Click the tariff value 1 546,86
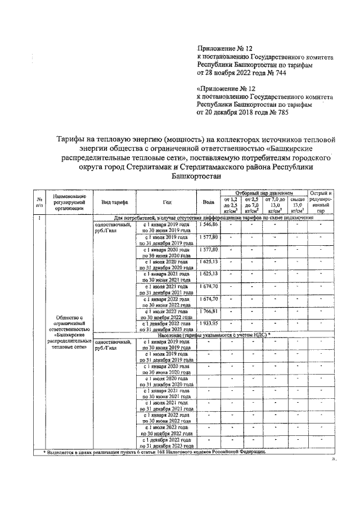pyautogui.click(x=208, y=224)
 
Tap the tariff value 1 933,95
pyautogui.click(x=208, y=323)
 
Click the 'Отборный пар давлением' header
pyautogui.click(x=263, y=192)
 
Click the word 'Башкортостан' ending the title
pyautogui.click(x=193, y=175)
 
